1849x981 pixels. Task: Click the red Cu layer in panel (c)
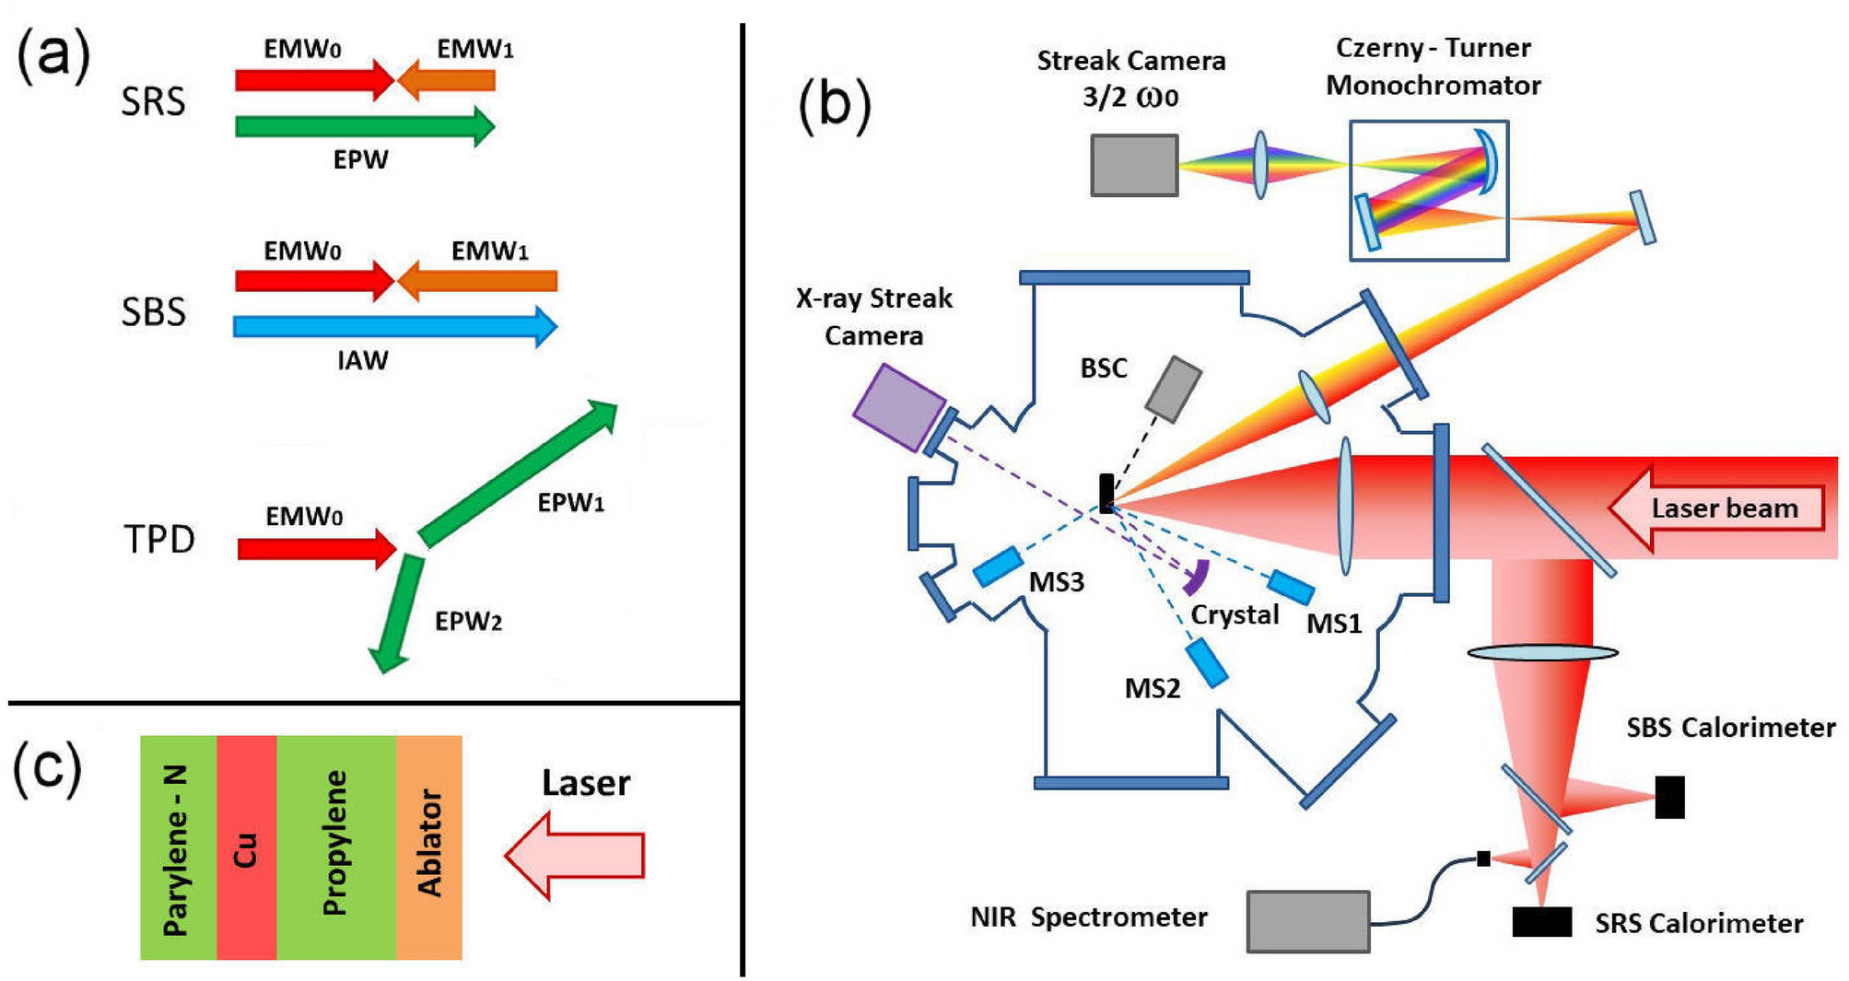pos(246,847)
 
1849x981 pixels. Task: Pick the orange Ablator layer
pos(428,847)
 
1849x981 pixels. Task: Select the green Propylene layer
pos(335,847)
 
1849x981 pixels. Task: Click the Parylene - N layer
pos(178,847)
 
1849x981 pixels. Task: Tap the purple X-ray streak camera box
pos(899,408)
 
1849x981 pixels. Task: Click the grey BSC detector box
pos(1173,389)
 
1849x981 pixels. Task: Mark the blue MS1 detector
pos(1290,587)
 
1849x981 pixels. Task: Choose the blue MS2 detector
pos(1207,662)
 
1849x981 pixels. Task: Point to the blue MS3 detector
pos(998,566)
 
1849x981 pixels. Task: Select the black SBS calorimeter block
pos(1669,797)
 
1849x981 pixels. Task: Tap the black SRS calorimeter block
pos(1541,921)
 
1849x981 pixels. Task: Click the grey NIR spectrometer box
pos(1307,920)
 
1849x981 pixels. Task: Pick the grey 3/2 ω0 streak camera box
pos(1134,166)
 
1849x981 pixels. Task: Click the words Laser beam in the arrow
pos(1724,508)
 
